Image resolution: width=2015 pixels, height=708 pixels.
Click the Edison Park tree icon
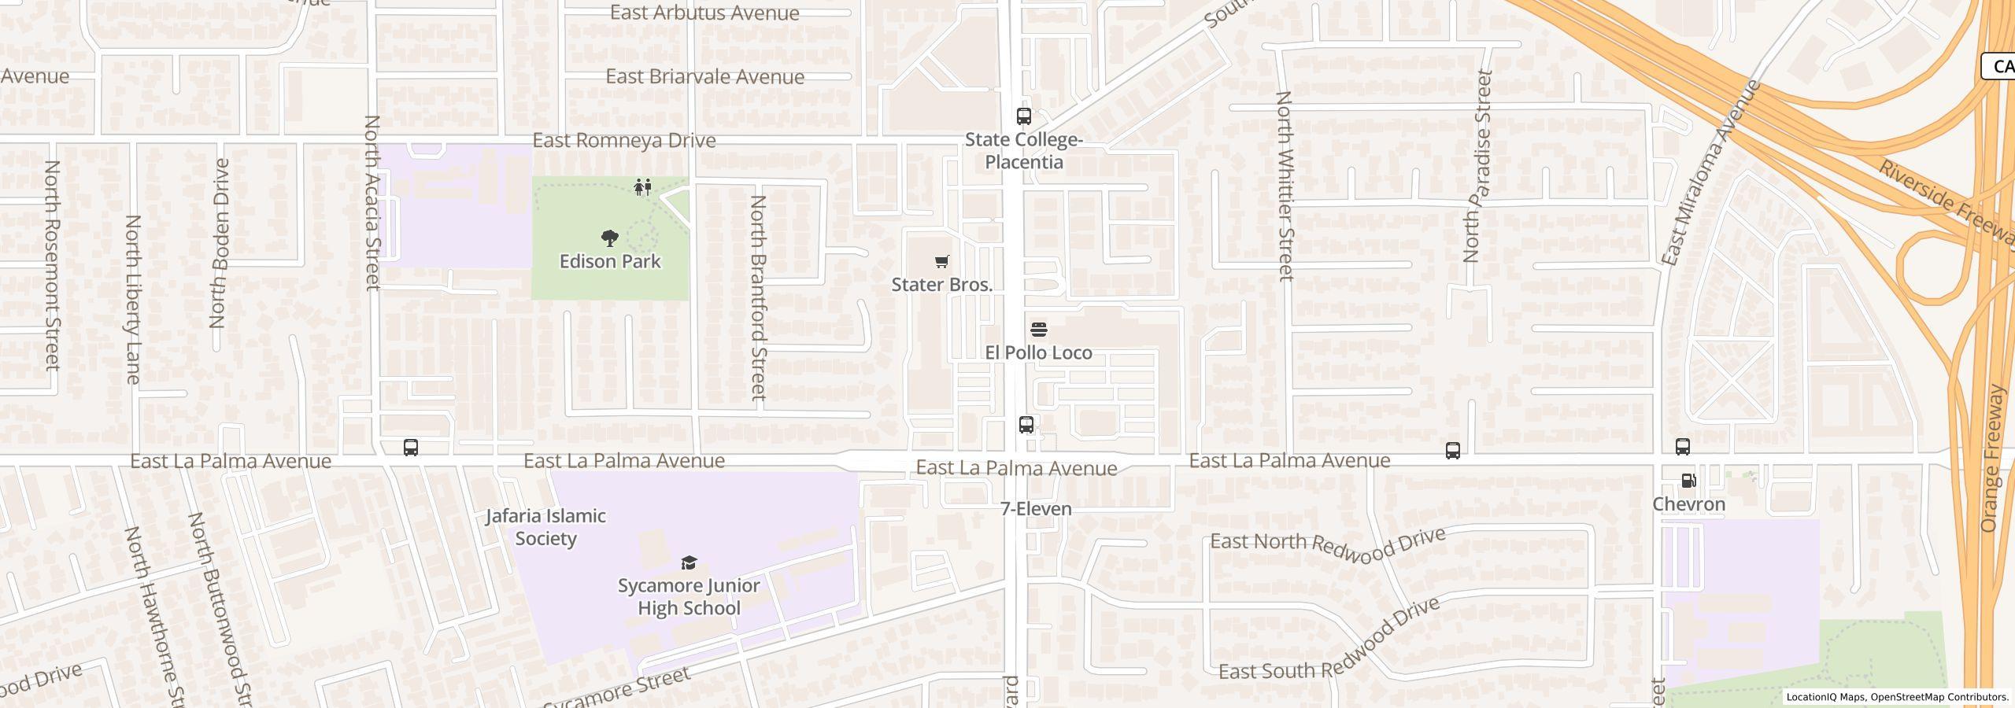pyautogui.click(x=609, y=238)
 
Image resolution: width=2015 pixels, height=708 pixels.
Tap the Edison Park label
pyautogui.click(x=609, y=261)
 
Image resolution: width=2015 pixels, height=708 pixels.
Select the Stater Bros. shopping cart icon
pyautogui.click(x=941, y=261)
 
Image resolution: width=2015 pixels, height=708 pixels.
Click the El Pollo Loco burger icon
pyautogui.click(x=1038, y=329)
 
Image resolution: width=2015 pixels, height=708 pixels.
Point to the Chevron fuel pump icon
pyautogui.click(x=1688, y=481)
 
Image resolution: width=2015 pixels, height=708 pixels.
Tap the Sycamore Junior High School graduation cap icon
pyautogui.click(x=689, y=562)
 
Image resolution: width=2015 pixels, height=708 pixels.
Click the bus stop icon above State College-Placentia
pyautogui.click(x=1023, y=116)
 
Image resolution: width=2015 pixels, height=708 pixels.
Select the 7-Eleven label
pyautogui.click(x=1036, y=509)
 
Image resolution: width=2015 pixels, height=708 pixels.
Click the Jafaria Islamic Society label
pyautogui.click(x=545, y=527)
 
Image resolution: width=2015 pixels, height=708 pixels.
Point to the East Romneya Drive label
pyautogui.click(x=624, y=141)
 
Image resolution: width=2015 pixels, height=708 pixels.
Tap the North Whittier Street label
pyautogui.click(x=1285, y=186)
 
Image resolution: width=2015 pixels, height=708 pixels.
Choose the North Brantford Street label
pyautogui.click(x=758, y=297)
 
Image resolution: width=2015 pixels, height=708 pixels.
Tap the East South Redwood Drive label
pyautogui.click(x=1329, y=639)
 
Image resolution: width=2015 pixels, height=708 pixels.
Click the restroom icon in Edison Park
pyautogui.click(x=643, y=187)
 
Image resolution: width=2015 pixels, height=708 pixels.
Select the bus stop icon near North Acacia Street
pyautogui.click(x=410, y=448)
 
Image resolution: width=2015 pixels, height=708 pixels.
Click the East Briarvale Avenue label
pyautogui.click(x=704, y=77)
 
